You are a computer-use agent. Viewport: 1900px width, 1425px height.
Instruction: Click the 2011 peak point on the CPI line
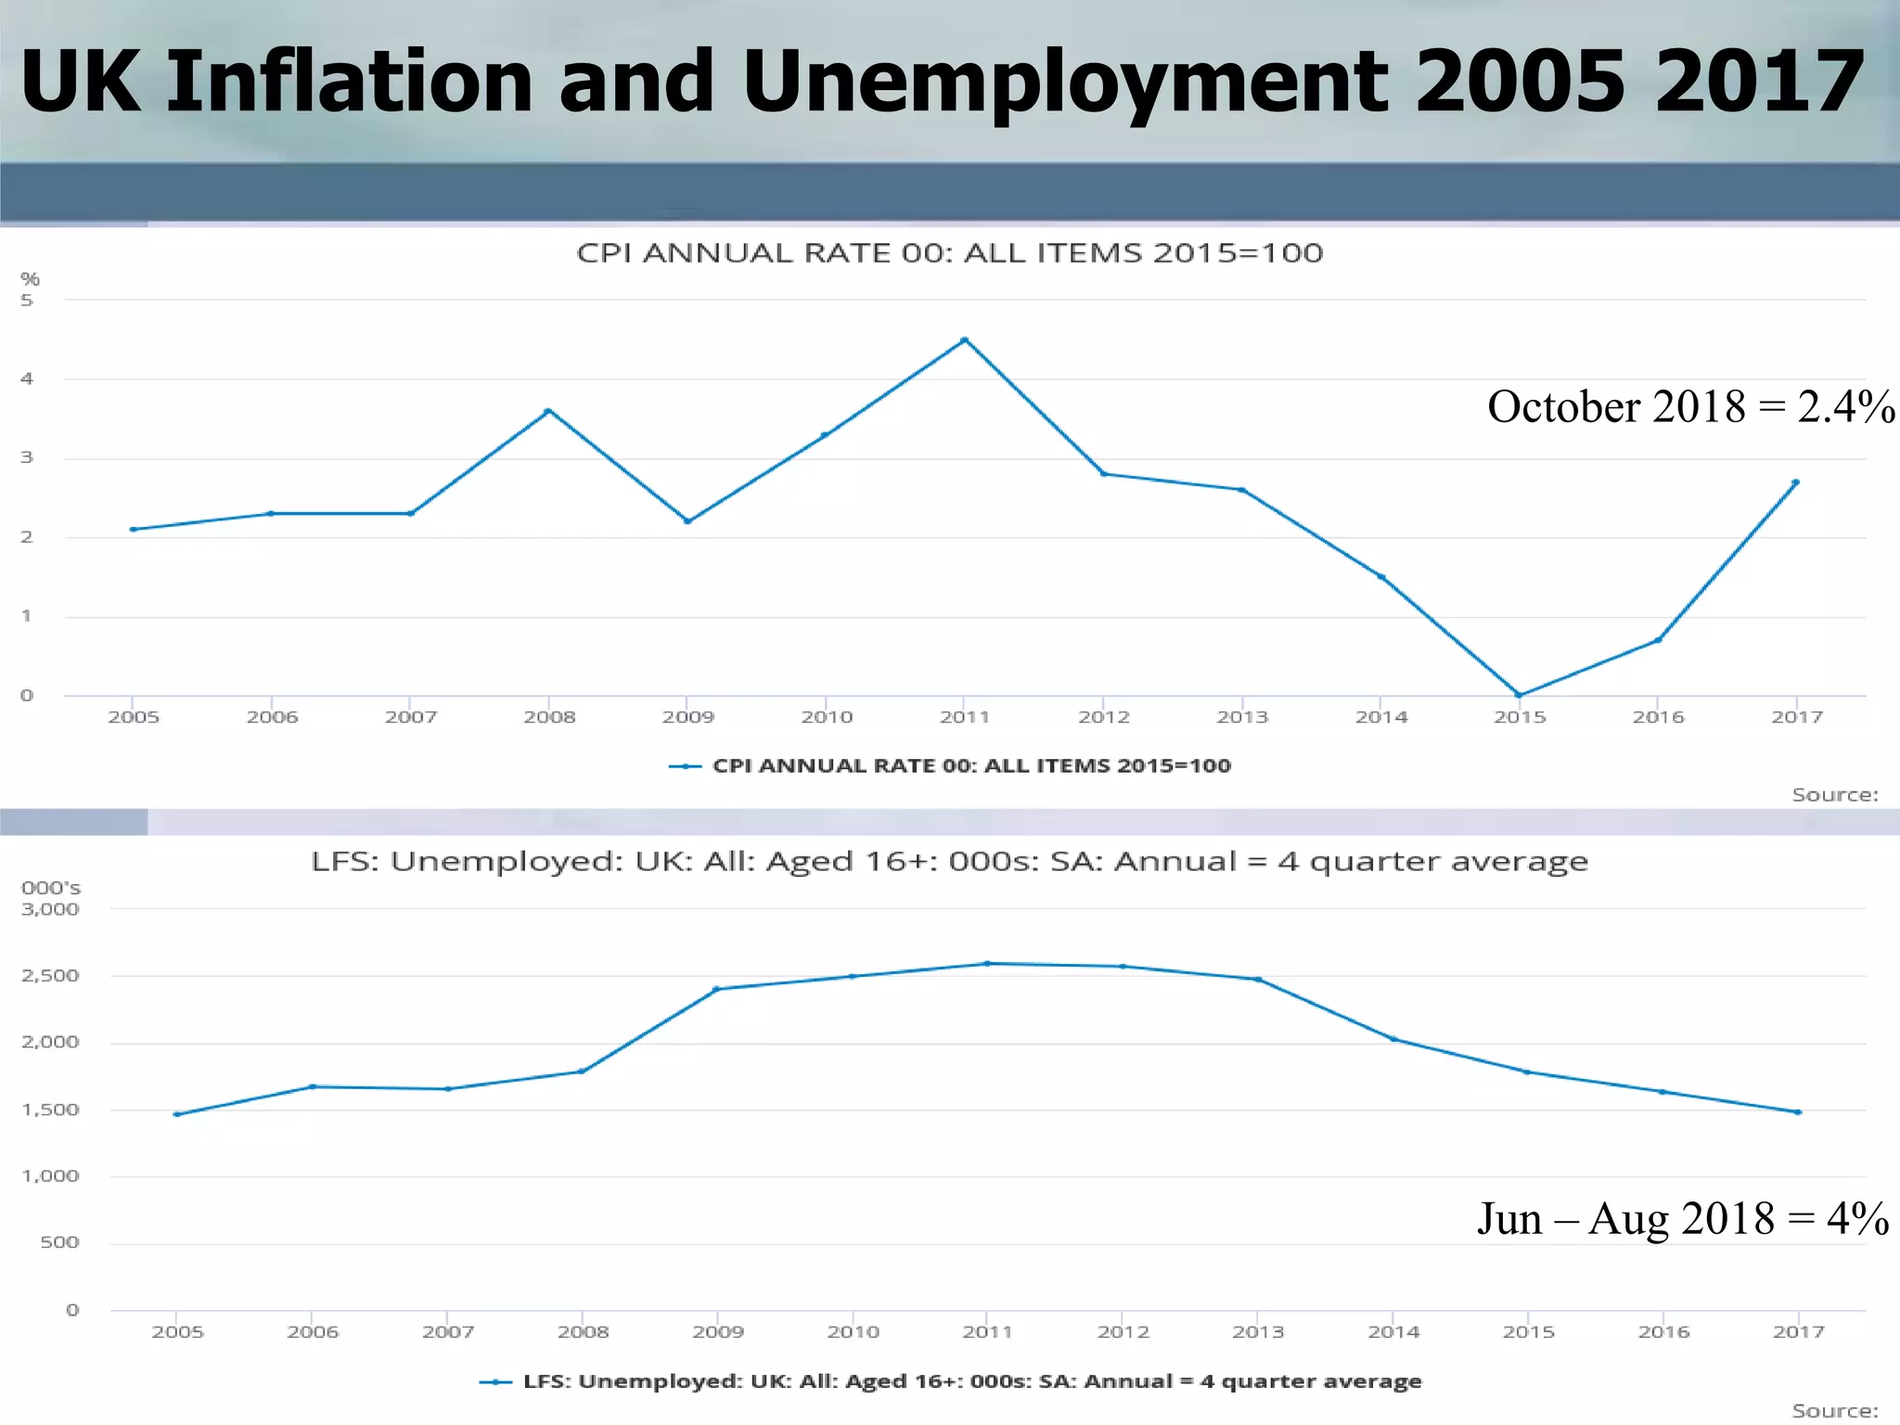click(965, 340)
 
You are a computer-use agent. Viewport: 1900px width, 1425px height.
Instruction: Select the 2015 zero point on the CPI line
click(1519, 695)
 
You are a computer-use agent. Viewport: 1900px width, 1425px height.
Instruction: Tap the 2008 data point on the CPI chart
click(548, 411)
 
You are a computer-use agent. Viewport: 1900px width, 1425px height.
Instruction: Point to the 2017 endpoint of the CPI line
click(1796, 482)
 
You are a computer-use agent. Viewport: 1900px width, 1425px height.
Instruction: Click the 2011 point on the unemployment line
click(987, 964)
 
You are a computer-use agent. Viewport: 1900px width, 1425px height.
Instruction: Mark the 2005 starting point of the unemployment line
click(176, 1114)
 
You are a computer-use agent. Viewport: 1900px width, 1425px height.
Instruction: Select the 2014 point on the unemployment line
click(1393, 1039)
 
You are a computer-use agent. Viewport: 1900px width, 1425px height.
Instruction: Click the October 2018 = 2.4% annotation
click(1690, 407)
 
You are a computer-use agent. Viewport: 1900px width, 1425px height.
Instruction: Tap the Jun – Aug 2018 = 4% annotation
click(1682, 1219)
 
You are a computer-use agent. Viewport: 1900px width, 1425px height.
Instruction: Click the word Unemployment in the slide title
click(1065, 83)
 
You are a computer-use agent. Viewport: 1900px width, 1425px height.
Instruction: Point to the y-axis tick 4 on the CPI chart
click(27, 379)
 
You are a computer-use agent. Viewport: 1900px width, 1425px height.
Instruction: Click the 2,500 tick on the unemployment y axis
click(50, 976)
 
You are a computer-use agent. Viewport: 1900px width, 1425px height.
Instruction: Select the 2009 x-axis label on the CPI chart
click(687, 717)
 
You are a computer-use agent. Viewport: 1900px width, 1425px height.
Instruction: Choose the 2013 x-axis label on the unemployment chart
click(1258, 1332)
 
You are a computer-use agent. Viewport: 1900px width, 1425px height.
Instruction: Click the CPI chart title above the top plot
click(949, 253)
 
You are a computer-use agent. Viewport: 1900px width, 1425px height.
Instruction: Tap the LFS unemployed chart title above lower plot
click(949, 862)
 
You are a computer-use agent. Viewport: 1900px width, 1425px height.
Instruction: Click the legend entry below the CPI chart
click(970, 766)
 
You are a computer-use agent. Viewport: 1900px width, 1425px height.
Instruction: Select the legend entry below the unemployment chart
click(970, 1381)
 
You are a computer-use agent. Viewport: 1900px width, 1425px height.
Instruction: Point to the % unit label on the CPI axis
click(30, 279)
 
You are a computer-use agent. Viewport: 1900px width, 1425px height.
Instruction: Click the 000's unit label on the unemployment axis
click(50, 889)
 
